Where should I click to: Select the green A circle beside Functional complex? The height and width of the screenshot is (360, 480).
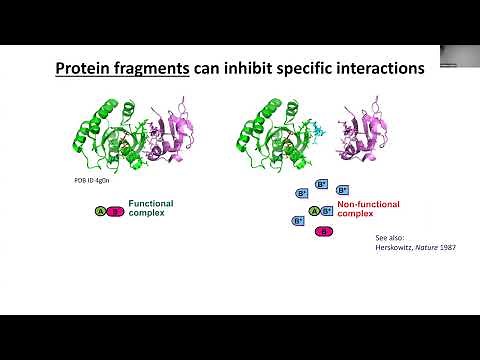click(x=100, y=211)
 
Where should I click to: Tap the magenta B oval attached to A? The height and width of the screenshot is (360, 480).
click(x=114, y=211)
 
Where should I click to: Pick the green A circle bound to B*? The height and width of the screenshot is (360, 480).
click(x=314, y=211)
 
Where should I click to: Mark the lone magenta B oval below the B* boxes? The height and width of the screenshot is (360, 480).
click(x=324, y=232)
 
